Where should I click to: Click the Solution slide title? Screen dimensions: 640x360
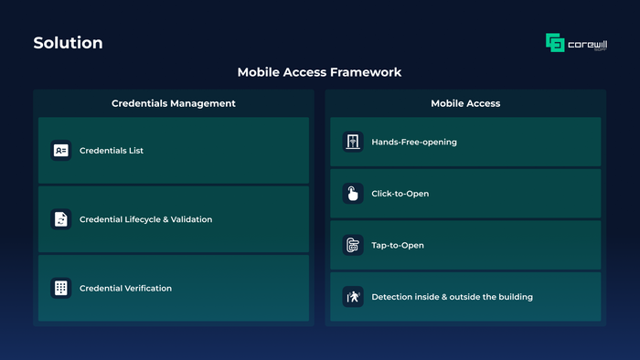click(x=69, y=43)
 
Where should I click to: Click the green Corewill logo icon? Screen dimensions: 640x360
click(x=555, y=42)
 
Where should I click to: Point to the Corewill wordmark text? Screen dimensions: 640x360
click(x=587, y=45)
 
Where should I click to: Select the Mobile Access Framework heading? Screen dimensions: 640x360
click(x=320, y=72)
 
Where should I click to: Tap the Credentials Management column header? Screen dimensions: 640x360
click(x=174, y=103)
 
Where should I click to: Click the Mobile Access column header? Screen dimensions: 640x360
click(x=465, y=103)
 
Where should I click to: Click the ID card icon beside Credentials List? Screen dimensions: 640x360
click(x=61, y=151)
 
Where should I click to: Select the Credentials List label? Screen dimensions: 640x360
click(x=112, y=151)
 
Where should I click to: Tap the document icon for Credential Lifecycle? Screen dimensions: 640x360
click(x=61, y=219)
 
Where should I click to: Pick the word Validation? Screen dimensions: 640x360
click(x=191, y=219)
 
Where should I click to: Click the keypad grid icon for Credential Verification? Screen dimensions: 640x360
click(x=61, y=288)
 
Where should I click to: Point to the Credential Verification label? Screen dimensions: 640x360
click(x=126, y=288)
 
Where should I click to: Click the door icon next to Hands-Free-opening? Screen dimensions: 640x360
click(x=353, y=142)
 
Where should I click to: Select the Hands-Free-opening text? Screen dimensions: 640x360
click(x=414, y=142)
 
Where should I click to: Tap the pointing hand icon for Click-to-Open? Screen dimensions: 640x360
click(x=353, y=194)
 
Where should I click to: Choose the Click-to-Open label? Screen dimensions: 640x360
click(x=400, y=194)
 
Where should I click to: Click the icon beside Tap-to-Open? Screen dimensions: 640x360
click(x=353, y=245)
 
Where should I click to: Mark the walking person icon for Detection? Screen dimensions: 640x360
click(x=353, y=297)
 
